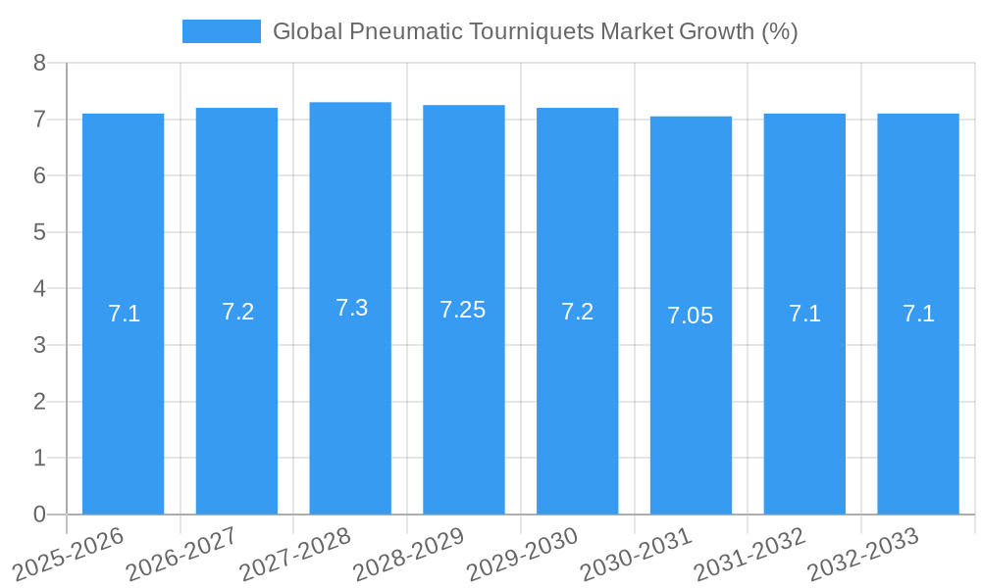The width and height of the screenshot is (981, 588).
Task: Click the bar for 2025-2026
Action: point(123,412)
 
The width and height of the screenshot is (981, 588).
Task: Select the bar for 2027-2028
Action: point(350,412)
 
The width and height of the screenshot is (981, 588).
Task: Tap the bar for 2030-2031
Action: point(691,412)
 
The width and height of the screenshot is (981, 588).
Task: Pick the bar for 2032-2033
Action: point(918,412)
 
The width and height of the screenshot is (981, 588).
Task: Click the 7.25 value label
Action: point(463,310)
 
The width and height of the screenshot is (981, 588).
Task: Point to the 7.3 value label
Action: point(351,308)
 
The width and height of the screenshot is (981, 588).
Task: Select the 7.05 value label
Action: point(691,316)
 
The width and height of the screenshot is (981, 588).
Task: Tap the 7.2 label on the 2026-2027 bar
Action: point(237,312)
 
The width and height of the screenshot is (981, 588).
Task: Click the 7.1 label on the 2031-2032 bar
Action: point(804,314)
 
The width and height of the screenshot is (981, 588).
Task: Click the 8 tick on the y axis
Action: point(39,63)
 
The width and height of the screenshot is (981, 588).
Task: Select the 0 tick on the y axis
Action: point(39,514)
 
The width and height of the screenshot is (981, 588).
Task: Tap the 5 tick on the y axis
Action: point(39,232)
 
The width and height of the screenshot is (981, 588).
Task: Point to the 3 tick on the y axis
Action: point(39,345)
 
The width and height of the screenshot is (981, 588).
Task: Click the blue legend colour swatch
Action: point(222,31)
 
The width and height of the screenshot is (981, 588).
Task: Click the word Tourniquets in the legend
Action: point(535,31)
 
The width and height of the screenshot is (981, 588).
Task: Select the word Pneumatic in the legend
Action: point(406,31)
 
